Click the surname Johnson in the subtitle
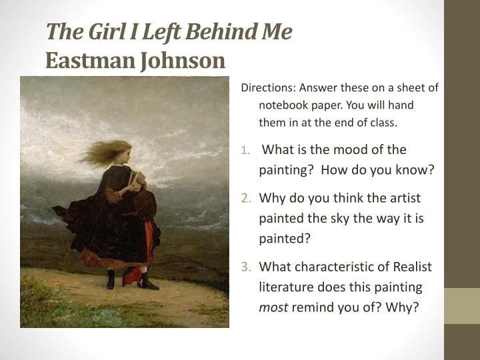pyautogui.click(x=182, y=61)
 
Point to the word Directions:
pyautogui.click(x=268, y=88)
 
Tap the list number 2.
pyautogui.click(x=246, y=198)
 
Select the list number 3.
pyautogui.click(x=246, y=267)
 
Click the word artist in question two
pyautogui.click(x=399, y=198)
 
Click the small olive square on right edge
pyautogui.click(x=463, y=306)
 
